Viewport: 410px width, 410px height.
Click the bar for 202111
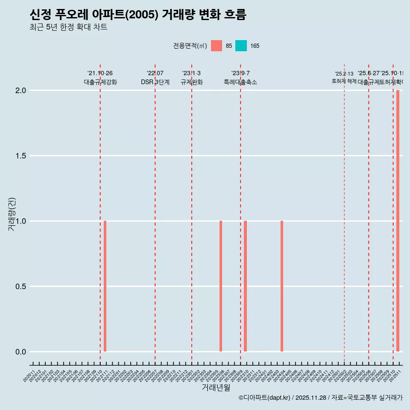coord(105,286)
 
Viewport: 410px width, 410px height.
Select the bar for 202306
coord(221,286)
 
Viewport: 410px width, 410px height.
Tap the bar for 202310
coord(246,286)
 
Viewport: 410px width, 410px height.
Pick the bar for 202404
coord(282,286)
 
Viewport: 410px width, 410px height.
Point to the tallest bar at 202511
coord(398,221)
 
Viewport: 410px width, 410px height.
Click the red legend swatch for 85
coord(217,46)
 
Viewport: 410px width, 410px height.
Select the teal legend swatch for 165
coord(241,46)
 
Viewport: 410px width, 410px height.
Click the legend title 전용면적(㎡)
coord(190,46)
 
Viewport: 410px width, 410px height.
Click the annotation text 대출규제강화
coord(100,82)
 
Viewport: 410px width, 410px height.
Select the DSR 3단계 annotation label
coord(155,82)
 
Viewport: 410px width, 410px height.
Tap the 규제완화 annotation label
coord(192,82)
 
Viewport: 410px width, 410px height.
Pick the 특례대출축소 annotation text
coord(240,82)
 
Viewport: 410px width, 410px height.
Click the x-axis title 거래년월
coord(216,388)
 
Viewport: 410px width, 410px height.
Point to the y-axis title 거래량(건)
coord(12,214)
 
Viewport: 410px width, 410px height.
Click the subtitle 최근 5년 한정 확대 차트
coord(68,27)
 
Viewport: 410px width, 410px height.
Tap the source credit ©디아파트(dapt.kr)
coord(264,398)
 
